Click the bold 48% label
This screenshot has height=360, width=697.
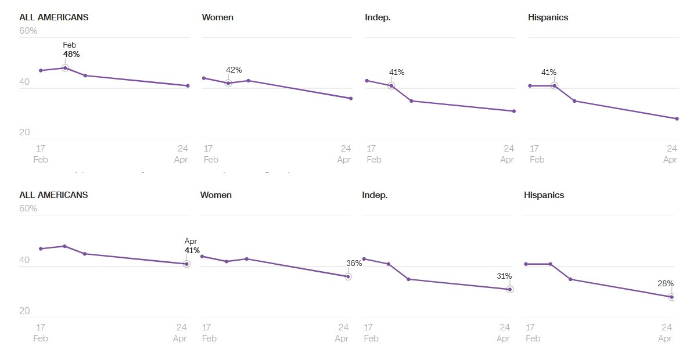point(71,55)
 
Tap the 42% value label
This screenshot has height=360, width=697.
point(233,70)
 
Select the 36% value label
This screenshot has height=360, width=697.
point(354,263)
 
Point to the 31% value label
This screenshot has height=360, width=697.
point(504,276)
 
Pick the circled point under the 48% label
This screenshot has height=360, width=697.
point(65,68)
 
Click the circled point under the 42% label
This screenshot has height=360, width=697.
point(228,83)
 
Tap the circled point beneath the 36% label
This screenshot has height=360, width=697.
point(348,276)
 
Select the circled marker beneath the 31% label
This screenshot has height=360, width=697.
point(510,289)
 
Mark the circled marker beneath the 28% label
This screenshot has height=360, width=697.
point(671,297)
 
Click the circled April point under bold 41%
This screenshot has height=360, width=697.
point(186,264)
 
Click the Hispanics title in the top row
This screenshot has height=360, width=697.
point(548,17)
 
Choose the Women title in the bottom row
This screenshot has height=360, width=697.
point(215,195)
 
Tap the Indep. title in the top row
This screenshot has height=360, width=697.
point(378,17)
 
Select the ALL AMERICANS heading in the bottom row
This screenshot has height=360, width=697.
point(53,195)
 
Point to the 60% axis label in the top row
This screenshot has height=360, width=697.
point(28,30)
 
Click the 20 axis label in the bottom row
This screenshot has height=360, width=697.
point(24,311)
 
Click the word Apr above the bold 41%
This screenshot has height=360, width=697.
point(191,241)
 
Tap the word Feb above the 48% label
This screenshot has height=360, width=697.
point(69,45)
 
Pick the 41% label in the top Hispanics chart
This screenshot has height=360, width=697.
point(548,73)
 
